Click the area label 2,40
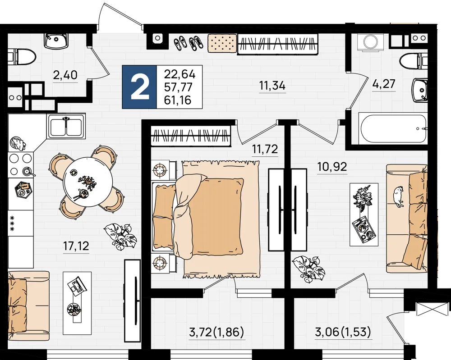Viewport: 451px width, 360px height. click(65, 75)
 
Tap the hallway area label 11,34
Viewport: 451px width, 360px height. click(272, 85)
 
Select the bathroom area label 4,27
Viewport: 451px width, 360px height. click(384, 84)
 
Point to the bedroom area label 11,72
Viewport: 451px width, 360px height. click(265, 149)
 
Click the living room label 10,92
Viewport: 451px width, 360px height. click(332, 166)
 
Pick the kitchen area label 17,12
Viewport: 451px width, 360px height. click(76, 246)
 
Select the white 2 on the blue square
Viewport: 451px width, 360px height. click(140, 87)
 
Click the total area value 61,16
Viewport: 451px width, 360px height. click(177, 100)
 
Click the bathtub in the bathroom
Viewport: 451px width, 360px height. click(392, 128)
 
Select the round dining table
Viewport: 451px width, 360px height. click(88, 182)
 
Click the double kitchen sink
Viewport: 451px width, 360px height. click(66, 127)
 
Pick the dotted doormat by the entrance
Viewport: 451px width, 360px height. click(222, 43)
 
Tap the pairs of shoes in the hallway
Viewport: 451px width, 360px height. click(188, 43)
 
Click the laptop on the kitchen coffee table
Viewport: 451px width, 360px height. click(76, 286)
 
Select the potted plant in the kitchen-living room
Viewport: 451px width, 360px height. click(120, 236)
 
